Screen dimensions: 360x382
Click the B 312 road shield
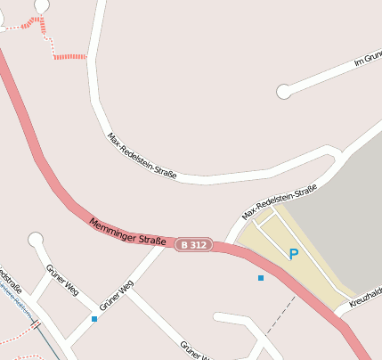[192, 244]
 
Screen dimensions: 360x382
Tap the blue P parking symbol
[293, 255]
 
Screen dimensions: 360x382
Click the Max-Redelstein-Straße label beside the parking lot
[280, 201]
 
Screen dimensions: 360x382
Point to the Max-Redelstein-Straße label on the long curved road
[142, 156]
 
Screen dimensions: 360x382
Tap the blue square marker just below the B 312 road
[261, 279]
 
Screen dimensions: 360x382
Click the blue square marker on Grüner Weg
[94, 318]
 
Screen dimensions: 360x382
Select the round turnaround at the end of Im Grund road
[284, 91]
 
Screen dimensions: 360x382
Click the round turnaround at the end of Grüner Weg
[36, 239]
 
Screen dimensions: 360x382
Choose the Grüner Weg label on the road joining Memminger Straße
[117, 297]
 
